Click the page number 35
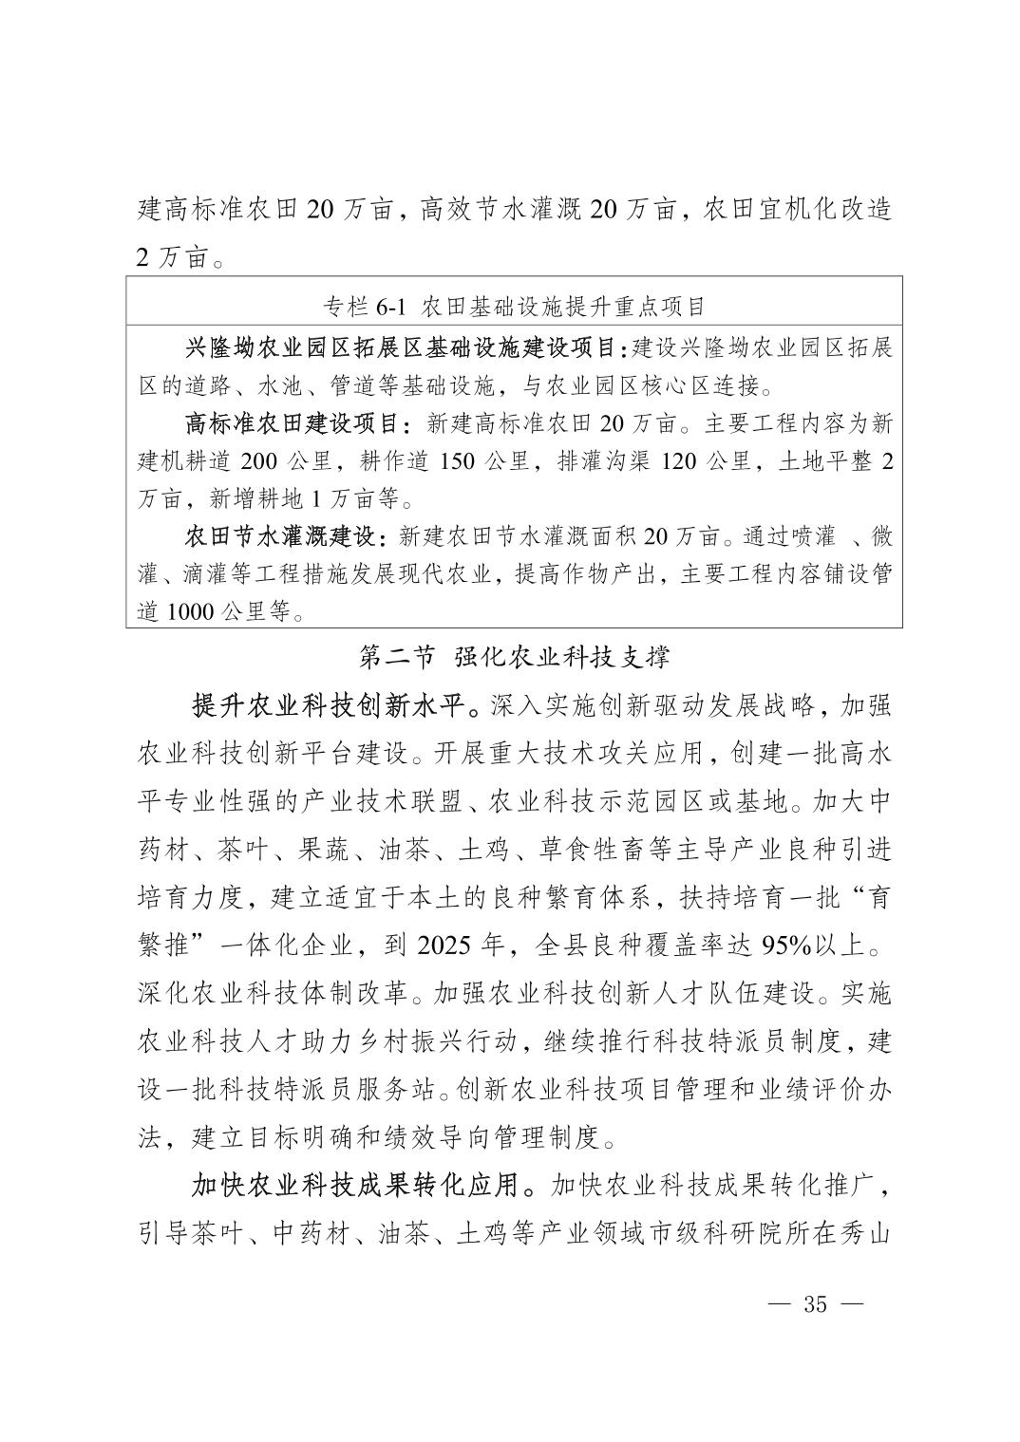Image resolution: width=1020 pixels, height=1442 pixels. pyautogui.click(x=816, y=1303)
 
